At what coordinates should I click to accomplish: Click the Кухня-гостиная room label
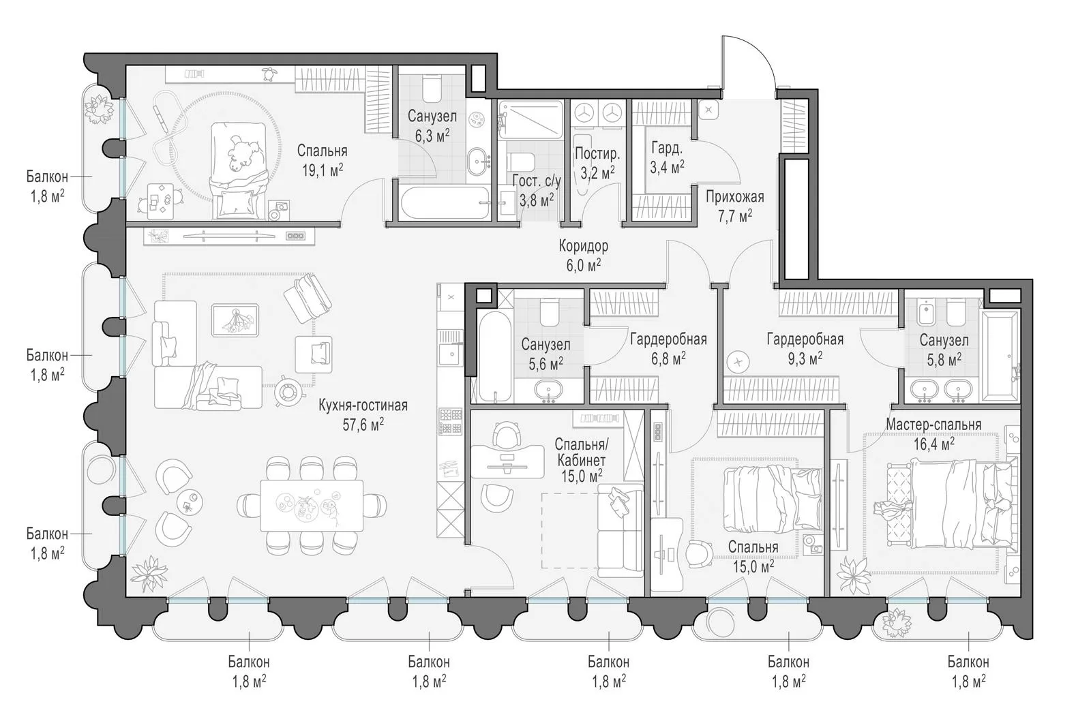coord(363,405)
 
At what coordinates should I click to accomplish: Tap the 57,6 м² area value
coord(363,425)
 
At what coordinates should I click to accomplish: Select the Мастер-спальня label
coord(933,425)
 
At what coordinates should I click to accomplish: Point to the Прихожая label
coord(735,197)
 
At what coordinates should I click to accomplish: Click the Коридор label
coord(584,246)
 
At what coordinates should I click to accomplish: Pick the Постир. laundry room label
coord(597,154)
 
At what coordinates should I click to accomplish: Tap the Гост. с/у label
coord(537,181)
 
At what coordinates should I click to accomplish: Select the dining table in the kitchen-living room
coord(312,506)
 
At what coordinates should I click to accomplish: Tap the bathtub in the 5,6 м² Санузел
coord(495,357)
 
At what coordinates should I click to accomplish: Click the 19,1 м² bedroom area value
coord(323,170)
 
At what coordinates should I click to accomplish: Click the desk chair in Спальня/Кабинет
coord(507,434)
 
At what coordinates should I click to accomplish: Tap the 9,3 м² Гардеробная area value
coord(805,358)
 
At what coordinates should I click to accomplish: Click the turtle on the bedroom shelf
coord(267,74)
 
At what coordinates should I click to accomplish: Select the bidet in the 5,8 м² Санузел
coord(925,313)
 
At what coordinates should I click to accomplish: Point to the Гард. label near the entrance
coord(667,147)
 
